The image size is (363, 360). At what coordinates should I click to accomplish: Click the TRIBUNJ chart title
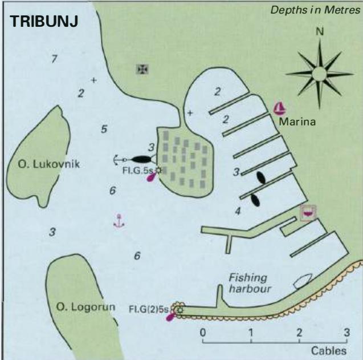(x=44, y=21)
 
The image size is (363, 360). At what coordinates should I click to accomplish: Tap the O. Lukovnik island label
(x=49, y=164)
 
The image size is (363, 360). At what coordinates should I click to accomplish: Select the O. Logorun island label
(x=85, y=307)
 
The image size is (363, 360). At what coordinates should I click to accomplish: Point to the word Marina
(x=297, y=122)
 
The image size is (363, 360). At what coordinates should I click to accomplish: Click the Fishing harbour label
(x=250, y=284)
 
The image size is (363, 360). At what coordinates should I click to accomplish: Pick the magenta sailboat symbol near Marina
(x=280, y=108)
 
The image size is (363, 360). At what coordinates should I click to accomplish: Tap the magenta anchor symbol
(x=119, y=221)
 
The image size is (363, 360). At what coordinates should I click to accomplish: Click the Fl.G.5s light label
(x=138, y=171)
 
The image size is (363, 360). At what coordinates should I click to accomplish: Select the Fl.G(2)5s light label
(x=148, y=309)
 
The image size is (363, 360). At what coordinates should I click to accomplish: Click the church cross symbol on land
(x=142, y=69)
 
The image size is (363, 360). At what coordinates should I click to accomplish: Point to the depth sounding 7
(x=54, y=59)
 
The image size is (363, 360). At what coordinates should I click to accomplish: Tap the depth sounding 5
(x=104, y=129)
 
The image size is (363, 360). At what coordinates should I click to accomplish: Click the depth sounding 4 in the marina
(x=238, y=211)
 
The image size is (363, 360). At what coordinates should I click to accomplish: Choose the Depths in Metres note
(x=315, y=10)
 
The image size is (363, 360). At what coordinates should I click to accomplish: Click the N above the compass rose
(x=320, y=31)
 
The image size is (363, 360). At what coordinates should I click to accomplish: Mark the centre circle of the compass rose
(x=319, y=74)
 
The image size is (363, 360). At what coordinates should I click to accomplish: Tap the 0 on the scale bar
(x=202, y=333)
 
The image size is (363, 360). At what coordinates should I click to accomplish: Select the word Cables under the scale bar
(x=329, y=351)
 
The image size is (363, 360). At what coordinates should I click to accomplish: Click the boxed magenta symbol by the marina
(x=308, y=213)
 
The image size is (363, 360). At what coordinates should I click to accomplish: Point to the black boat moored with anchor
(x=141, y=159)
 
